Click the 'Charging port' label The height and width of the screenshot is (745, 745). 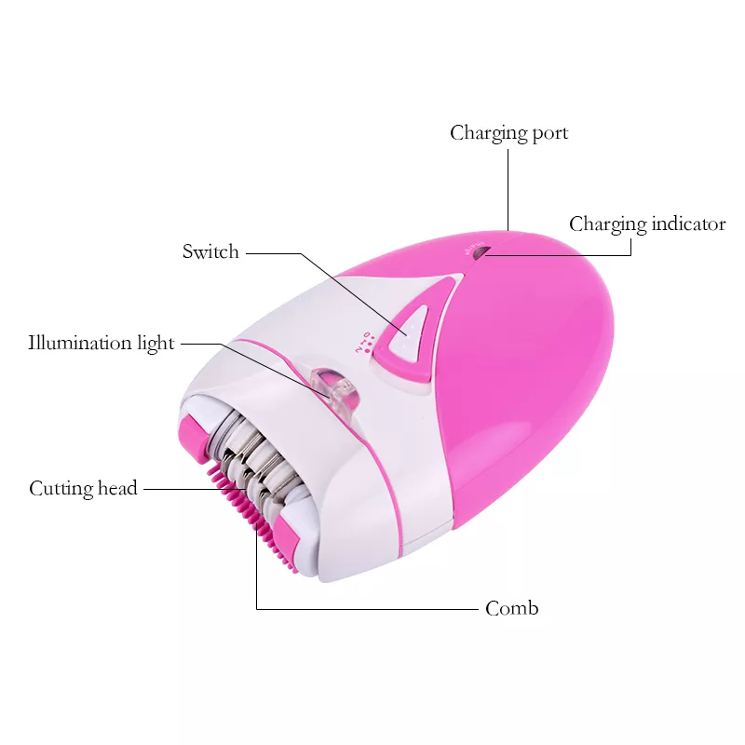tap(508, 133)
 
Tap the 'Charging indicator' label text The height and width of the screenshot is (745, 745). tap(647, 224)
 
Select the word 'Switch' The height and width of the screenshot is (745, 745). tap(210, 251)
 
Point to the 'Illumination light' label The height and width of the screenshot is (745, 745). tap(102, 343)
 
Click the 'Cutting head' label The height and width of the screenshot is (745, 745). tap(83, 488)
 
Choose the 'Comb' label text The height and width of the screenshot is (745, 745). tap(511, 609)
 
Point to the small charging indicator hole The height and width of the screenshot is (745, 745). tap(481, 252)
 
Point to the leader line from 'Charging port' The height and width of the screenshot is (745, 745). tap(508, 190)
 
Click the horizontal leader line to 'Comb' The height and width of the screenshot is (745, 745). tap(367, 609)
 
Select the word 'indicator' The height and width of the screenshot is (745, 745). tap(688, 223)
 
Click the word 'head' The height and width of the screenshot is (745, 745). tap(117, 487)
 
